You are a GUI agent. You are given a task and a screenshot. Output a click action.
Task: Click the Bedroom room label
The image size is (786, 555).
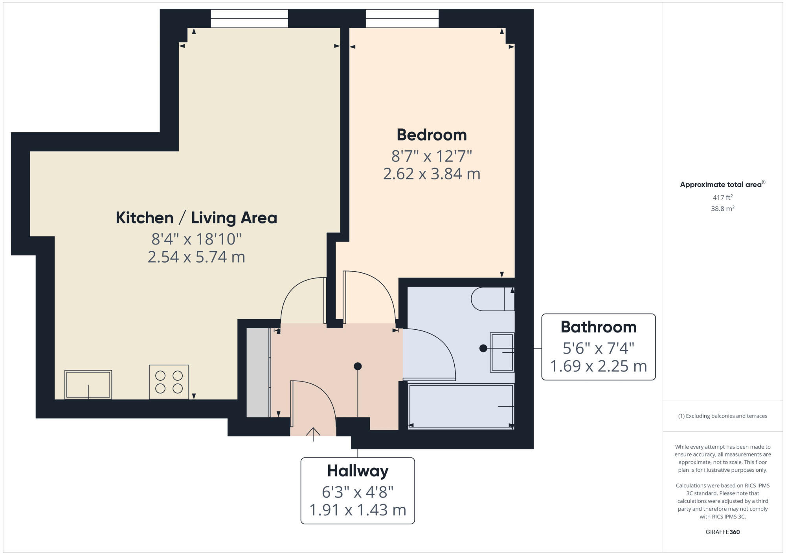(x=432, y=135)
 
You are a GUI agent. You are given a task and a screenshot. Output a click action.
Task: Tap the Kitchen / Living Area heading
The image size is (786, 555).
(x=196, y=218)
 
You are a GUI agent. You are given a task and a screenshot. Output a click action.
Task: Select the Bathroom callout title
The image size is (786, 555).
(x=598, y=327)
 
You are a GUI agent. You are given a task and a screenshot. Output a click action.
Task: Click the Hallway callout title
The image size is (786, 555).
(x=358, y=471)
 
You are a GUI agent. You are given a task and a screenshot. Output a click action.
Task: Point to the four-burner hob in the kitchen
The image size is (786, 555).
(x=169, y=382)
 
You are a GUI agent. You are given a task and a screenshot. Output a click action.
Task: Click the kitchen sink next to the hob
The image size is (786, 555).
(x=88, y=385)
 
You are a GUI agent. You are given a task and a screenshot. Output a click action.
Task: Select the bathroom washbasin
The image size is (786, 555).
(x=502, y=352)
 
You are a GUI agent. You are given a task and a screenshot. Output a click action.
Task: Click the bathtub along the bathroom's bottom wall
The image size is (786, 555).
(x=461, y=407)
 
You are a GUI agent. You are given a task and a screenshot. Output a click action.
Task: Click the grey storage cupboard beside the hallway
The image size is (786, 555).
(x=257, y=372)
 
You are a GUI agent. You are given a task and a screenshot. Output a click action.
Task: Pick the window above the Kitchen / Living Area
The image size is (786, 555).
(x=249, y=18)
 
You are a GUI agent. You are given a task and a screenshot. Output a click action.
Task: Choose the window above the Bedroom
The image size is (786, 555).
(x=402, y=18)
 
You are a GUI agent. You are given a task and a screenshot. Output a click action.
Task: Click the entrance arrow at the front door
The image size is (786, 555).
(x=313, y=433)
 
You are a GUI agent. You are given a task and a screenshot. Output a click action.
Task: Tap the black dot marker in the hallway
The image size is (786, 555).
(x=358, y=366)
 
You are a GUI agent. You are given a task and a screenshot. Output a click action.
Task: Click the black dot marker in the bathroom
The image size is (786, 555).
(x=483, y=348)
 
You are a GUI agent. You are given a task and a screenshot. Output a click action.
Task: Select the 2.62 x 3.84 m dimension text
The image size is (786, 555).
(x=432, y=174)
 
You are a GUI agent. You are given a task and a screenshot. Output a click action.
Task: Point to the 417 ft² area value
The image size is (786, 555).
(x=722, y=197)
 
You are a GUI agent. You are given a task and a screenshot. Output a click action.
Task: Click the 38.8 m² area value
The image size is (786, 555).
(x=722, y=209)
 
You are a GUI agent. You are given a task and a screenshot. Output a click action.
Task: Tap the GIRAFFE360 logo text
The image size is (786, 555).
(x=722, y=532)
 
